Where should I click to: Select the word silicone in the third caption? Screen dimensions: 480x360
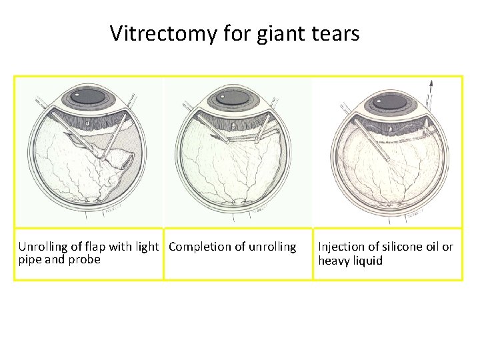click(x=397, y=247)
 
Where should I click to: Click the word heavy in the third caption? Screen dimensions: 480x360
click(x=334, y=260)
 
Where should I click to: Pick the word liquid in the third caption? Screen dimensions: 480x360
click(x=367, y=260)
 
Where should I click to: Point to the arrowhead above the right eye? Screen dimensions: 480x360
click(x=431, y=84)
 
